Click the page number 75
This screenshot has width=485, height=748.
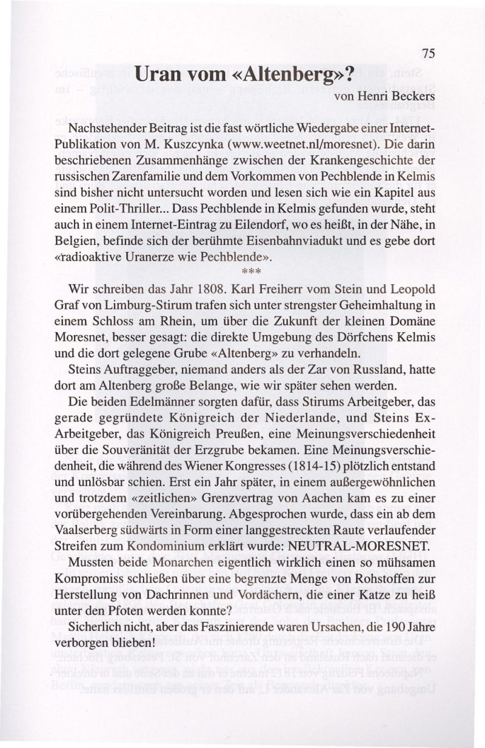pyautogui.click(x=429, y=53)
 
